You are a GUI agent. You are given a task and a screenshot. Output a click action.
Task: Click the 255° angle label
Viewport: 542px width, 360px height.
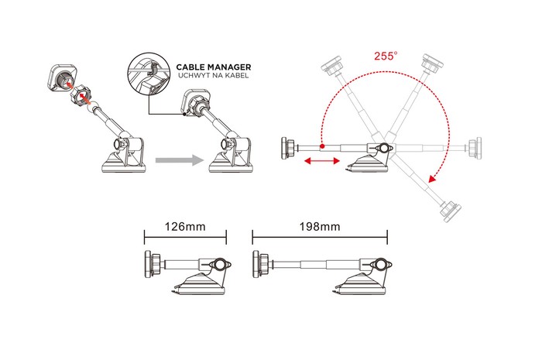386,56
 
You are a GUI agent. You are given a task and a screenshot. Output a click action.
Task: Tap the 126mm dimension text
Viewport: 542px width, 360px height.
185,227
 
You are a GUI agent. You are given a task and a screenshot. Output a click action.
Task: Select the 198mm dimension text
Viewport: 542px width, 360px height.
320,227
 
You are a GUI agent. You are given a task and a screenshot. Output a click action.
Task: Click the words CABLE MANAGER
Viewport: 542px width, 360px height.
214,67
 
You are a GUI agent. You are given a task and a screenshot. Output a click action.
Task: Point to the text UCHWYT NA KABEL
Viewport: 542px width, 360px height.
213,76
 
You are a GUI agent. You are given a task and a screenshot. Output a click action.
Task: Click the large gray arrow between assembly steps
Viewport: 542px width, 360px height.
180,160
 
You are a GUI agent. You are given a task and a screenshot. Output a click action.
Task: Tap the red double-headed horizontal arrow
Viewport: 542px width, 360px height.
321,161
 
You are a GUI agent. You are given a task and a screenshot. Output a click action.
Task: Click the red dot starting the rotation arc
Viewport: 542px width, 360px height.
322,146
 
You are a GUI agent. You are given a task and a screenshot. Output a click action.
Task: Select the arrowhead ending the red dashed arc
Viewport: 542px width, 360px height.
432,178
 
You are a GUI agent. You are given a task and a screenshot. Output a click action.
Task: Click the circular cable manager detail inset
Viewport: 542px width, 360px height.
149,75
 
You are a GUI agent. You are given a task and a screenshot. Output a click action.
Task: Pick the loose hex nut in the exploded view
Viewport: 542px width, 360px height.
81,94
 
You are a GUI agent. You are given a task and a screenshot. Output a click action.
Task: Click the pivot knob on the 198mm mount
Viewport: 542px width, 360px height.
379,265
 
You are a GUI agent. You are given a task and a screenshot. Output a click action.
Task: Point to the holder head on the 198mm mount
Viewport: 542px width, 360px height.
261,264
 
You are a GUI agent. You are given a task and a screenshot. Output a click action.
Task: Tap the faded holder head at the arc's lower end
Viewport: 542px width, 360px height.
450,211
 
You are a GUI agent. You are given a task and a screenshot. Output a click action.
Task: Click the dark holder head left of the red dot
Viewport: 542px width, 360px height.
289,148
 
